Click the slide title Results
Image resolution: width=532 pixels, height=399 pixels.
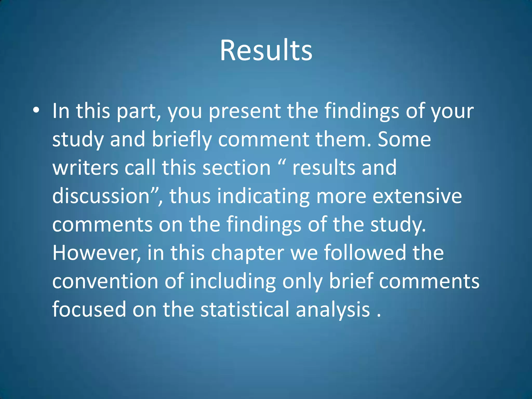(x=266, y=50)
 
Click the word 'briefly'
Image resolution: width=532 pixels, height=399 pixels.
(x=182, y=140)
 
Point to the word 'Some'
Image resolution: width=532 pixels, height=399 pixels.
(x=404, y=140)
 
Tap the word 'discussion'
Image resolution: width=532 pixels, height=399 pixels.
(x=101, y=196)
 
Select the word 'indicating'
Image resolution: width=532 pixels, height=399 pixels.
(x=263, y=197)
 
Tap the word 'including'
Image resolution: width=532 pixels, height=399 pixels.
(x=232, y=282)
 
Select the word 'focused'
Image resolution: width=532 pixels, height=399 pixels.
(x=89, y=309)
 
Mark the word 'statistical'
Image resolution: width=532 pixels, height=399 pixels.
(x=245, y=309)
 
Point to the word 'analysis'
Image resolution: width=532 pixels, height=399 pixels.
(x=333, y=310)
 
